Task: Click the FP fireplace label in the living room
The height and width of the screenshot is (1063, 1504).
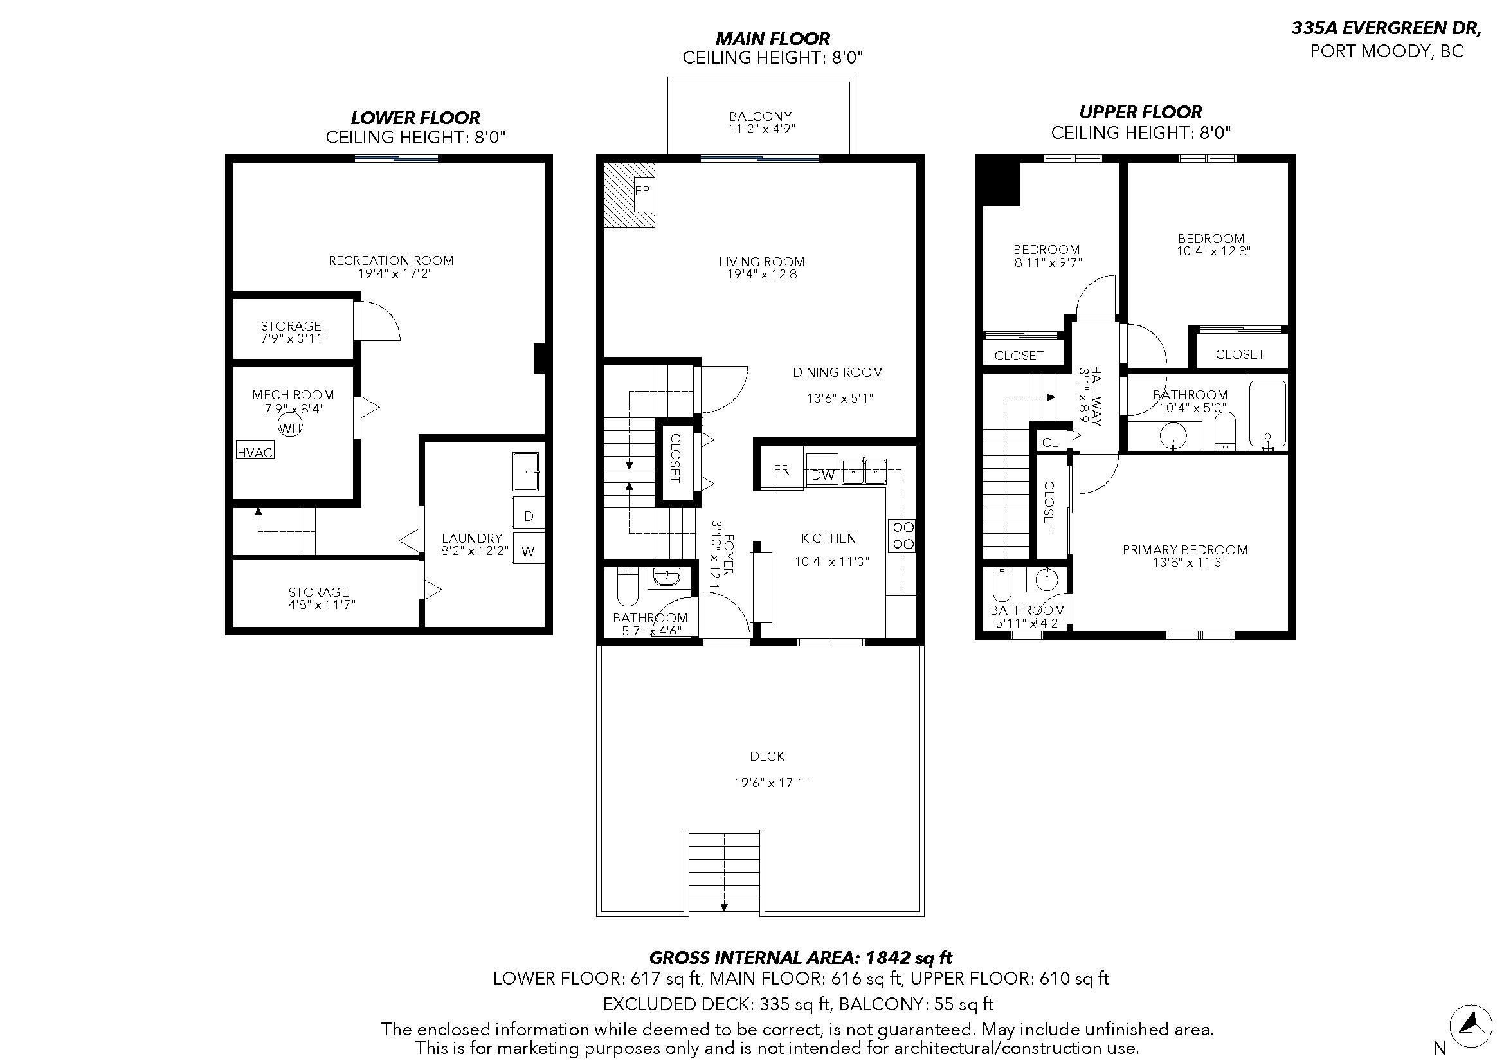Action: pos(642,190)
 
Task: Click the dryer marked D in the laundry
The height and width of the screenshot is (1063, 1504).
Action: pos(528,514)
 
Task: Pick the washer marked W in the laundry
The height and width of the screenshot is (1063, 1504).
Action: pos(528,550)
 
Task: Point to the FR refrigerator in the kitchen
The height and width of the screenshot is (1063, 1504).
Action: pos(781,468)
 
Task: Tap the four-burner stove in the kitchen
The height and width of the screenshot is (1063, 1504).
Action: pos(901,535)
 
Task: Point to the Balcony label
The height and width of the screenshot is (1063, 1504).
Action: pos(761,116)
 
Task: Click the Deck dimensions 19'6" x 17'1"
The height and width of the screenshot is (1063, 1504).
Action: pos(772,783)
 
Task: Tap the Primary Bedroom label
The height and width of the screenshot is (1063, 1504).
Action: pos(1185,550)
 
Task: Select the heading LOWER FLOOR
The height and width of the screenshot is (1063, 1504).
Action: pos(416,118)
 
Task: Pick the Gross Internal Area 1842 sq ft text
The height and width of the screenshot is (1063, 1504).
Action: pos(801,958)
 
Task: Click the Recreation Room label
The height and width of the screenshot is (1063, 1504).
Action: pos(391,260)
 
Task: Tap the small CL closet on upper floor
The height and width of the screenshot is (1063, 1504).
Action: pos(1049,442)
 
